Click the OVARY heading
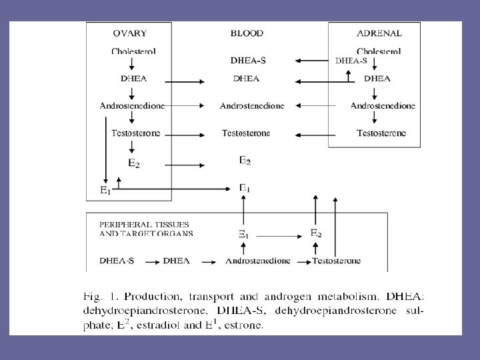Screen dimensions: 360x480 pyautogui.click(x=130, y=33)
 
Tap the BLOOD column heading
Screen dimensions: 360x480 pyautogui.click(x=247, y=33)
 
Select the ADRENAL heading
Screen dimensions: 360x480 pyautogui.click(x=379, y=33)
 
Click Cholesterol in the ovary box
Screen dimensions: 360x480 pyautogui.click(x=133, y=51)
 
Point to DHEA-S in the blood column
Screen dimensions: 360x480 pyautogui.click(x=248, y=60)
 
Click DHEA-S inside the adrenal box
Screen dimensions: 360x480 pyautogui.click(x=351, y=60)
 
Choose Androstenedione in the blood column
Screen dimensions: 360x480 pyautogui.click(x=252, y=106)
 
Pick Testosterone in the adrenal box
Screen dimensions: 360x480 pyautogui.click(x=381, y=133)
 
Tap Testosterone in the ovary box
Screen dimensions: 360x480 pyautogui.click(x=136, y=133)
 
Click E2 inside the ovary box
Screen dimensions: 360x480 pyautogui.click(x=133, y=162)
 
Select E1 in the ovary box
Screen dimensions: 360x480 pyautogui.click(x=105, y=190)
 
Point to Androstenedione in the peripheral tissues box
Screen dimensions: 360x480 pyautogui.click(x=258, y=261)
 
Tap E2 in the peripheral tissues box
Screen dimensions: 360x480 pyautogui.click(x=317, y=233)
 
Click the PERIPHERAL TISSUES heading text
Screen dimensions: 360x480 pyautogui.click(x=143, y=225)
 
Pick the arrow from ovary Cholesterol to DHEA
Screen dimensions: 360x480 pyautogui.click(x=133, y=64)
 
